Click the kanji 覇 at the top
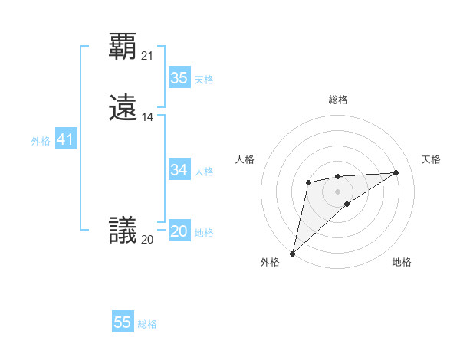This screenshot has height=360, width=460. [x=123, y=47]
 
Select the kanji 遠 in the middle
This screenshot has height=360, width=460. [x=123, y=108]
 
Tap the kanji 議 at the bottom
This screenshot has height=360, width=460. [x=123, y=231]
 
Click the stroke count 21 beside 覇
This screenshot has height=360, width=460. [x=148, y=56]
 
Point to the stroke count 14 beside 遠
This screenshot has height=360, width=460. [x=148, y=117]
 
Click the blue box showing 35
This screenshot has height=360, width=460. [x=179, y=78]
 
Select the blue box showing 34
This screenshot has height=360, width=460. [x=179, y=170]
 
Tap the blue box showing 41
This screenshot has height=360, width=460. [x=65, y=139]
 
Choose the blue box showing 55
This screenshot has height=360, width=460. [x=123, y=322]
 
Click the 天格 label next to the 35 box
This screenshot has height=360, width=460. [x=204, y=80]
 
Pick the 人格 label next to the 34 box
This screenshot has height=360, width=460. [x=204, y=172]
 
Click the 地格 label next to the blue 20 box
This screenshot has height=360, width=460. [x=204, y=233]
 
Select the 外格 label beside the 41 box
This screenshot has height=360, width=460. [x=41, y=141]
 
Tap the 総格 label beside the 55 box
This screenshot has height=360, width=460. [x=147, y=324]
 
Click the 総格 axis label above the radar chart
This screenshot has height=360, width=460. [x=337, y=100]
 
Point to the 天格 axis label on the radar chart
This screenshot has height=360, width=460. [x=431, y=159]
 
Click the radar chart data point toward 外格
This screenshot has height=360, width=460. [x=292, y=253]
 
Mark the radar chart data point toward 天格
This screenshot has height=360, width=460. [x=396, y=172]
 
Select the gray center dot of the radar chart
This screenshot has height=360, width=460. [x=337, y=191]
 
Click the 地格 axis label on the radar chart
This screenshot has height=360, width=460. [x=402, y=262]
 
